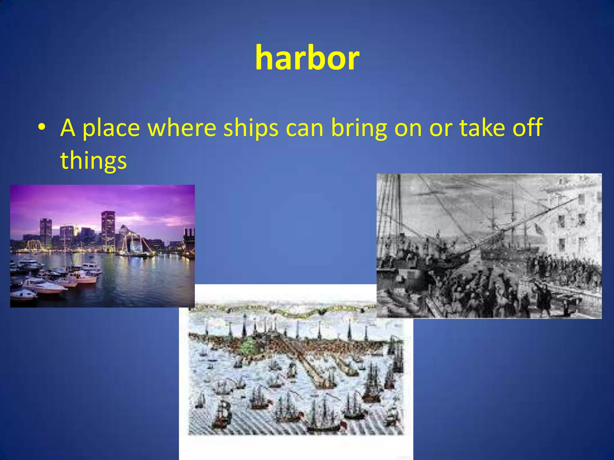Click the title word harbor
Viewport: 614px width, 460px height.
(307, 58)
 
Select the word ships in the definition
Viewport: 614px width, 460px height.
(251, 128)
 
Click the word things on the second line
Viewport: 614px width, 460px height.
(93, 161)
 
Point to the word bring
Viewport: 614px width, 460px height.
(359, 128)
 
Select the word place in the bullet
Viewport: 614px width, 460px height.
(111, 128)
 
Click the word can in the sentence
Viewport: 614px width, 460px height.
(304, 128)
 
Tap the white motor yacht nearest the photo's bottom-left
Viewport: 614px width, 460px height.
(23, 295)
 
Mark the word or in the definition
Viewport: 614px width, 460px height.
(440, 128)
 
